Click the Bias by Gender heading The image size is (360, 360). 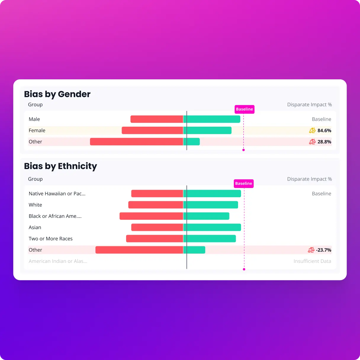point(57,94)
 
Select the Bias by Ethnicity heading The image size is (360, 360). point(60,166)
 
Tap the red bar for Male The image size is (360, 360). point(157,119)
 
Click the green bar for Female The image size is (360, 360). point(208,130)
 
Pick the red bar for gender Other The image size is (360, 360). point(136,142)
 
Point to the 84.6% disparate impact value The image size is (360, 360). point(324,131)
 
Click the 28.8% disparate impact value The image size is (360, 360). point(324,142)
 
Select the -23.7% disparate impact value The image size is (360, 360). point(324,250)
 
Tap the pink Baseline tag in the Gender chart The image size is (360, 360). point(244,109)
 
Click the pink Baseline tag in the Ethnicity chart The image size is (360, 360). point(244,184)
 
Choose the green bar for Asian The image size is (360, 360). point(212,227)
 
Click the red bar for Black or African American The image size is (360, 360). point(151,216)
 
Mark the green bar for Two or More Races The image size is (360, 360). point(210,239)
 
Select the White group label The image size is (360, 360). point(35,205)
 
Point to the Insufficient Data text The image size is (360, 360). point(312,261)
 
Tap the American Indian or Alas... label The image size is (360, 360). point(58,261)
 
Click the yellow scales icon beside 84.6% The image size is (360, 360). point(312,131)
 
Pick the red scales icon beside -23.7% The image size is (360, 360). point(311,250)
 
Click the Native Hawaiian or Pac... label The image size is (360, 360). point(57,194)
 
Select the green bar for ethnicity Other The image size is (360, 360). point(195,250)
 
